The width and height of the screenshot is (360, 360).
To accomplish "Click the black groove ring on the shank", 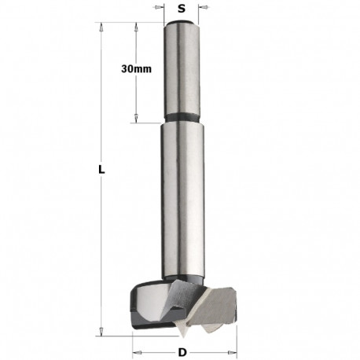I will click(182, 121).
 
